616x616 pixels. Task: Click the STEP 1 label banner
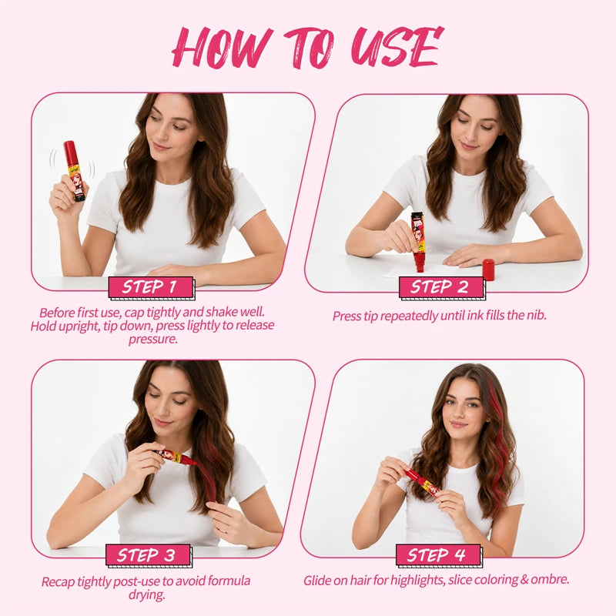click(x=151, y=287)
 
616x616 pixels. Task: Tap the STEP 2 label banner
click(x=440, y=287)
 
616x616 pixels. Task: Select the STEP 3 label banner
click(x=148, y=555)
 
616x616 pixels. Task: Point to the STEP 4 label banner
click(x=438, y=555)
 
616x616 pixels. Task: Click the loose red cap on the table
click(x=488, y=269)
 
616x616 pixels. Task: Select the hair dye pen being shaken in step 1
click(x=74, y=171)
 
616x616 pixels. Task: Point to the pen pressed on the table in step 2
click(x=417, y=242)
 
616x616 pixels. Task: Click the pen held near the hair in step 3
click(x=176, y=457)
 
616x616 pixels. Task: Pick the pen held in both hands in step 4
click(x=422, y=484)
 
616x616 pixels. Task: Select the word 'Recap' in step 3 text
click(x=58, y=582)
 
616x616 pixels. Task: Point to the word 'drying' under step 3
click(x=146, y=595)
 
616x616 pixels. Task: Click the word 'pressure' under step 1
click(x=152, y=340)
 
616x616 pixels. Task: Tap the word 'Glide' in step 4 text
click(x=317, y=580)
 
